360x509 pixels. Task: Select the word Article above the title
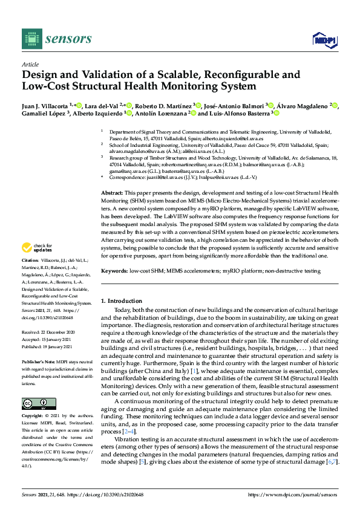(x=30, y=64)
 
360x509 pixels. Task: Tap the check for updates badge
(x=36, y=264)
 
